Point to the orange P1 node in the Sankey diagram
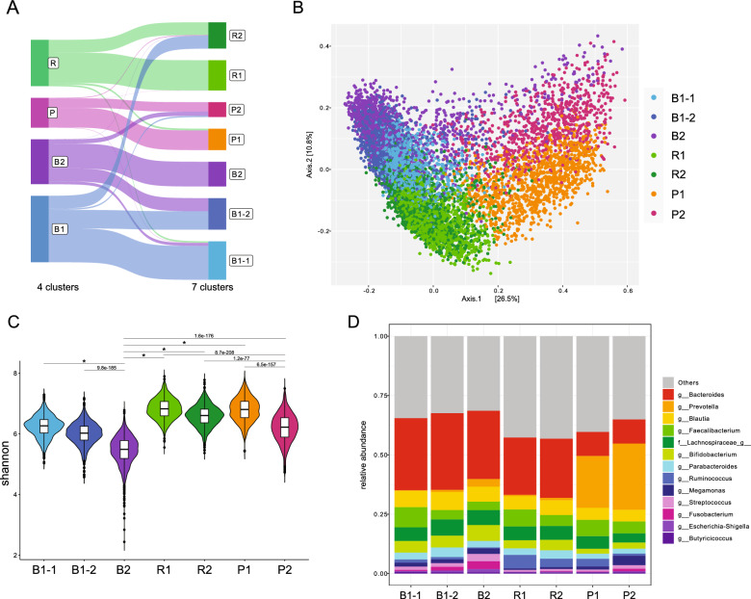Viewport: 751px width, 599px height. (x=217, y=138)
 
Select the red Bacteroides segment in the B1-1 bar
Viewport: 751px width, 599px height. (x=416, y=436)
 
